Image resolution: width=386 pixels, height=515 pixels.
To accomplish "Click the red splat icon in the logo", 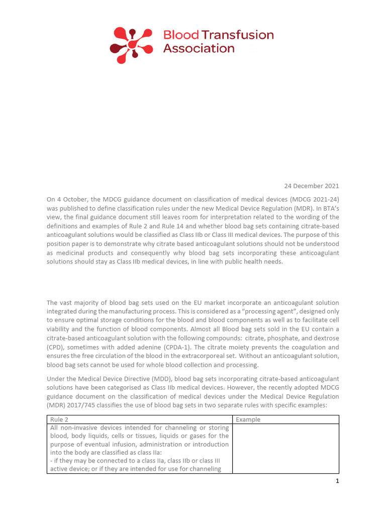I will (131, 45).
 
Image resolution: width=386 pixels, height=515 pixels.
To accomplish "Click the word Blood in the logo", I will (181, 35).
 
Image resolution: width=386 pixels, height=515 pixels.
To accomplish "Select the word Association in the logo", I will (199, 49).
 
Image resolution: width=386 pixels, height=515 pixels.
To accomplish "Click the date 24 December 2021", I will (312, 186).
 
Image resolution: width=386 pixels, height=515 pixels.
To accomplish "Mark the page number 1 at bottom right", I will (337, 481).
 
